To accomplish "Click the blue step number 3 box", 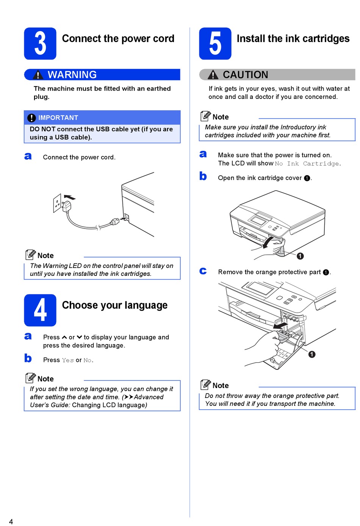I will [x=40, y=44].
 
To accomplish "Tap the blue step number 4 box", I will [x=40, y=310].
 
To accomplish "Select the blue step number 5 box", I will [x=215, y=44].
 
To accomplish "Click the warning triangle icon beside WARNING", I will [x=38, y=75].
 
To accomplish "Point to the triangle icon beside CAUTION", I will [x=213, y=75].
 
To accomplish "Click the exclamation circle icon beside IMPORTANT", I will [x=32, y=118].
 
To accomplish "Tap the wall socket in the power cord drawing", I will [x=57, y=203].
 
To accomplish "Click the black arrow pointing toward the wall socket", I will [x=70, y=197].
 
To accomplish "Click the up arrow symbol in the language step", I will [x=64, y=337].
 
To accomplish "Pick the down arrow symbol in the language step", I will [x=79, y=337].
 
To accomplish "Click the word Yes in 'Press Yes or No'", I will [x=68, y=360].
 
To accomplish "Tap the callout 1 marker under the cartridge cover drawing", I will [x=300, y=256].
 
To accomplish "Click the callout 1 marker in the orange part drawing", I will [x=312, y=354].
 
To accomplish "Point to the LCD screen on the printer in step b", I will [x=258, y=220].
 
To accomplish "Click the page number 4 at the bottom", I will [x=11, y=521].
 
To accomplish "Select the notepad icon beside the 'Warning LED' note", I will [x=30, y=255].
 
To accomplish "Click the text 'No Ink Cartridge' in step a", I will [x=307, y=164].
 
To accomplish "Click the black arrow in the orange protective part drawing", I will [x=281, y=325].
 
